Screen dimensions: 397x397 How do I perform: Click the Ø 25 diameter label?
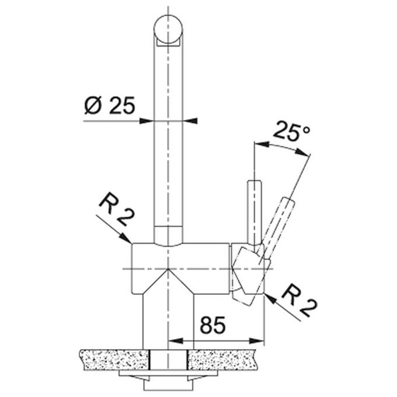[x=109, y=105]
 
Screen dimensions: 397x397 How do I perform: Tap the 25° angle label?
[x=292, y=131]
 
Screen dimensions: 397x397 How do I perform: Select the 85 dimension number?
[x=213, y=325]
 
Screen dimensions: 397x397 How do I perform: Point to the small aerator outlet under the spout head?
[x=168, y=43]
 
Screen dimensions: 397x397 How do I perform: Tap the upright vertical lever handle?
[x=255, y=213]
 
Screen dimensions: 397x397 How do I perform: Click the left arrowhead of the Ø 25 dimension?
[x=147, y=121]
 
